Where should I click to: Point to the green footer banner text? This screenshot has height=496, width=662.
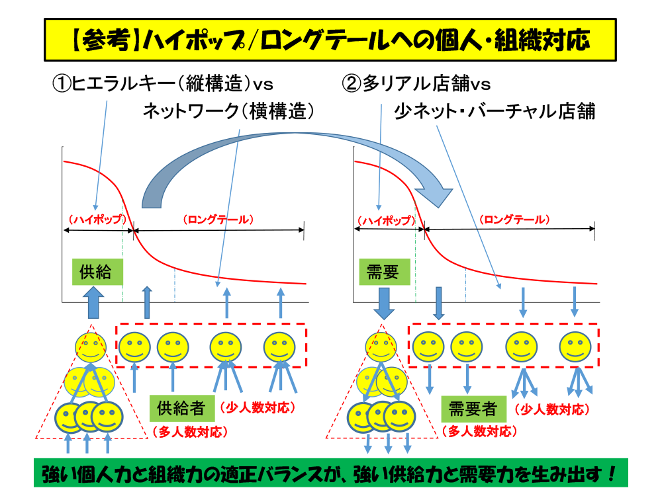coord(330,474)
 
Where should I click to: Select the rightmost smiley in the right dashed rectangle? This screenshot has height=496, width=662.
coord(575,347)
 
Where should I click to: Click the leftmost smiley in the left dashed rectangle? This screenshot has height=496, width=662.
coord(134,347)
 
